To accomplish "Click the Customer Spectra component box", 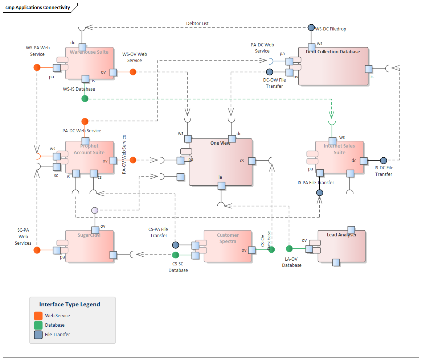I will coord(228,246).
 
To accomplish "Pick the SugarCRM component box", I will coord(89,246).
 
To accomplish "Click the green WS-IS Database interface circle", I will coord(85,99).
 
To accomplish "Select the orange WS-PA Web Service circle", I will coord(37,67).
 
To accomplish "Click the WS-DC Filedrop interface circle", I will coord(311,28).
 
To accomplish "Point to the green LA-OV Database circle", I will coord(289,249).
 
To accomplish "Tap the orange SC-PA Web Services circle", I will coord(37,250).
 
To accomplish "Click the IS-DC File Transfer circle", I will coord(384,160).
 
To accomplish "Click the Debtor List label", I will coord(197,24).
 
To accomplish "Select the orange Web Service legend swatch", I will coord(38,316).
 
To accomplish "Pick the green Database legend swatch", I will coord(38,325).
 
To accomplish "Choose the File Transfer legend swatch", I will coord(38,335).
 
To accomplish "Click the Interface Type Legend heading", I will coord(70,305).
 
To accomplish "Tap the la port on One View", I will coord(221,186).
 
